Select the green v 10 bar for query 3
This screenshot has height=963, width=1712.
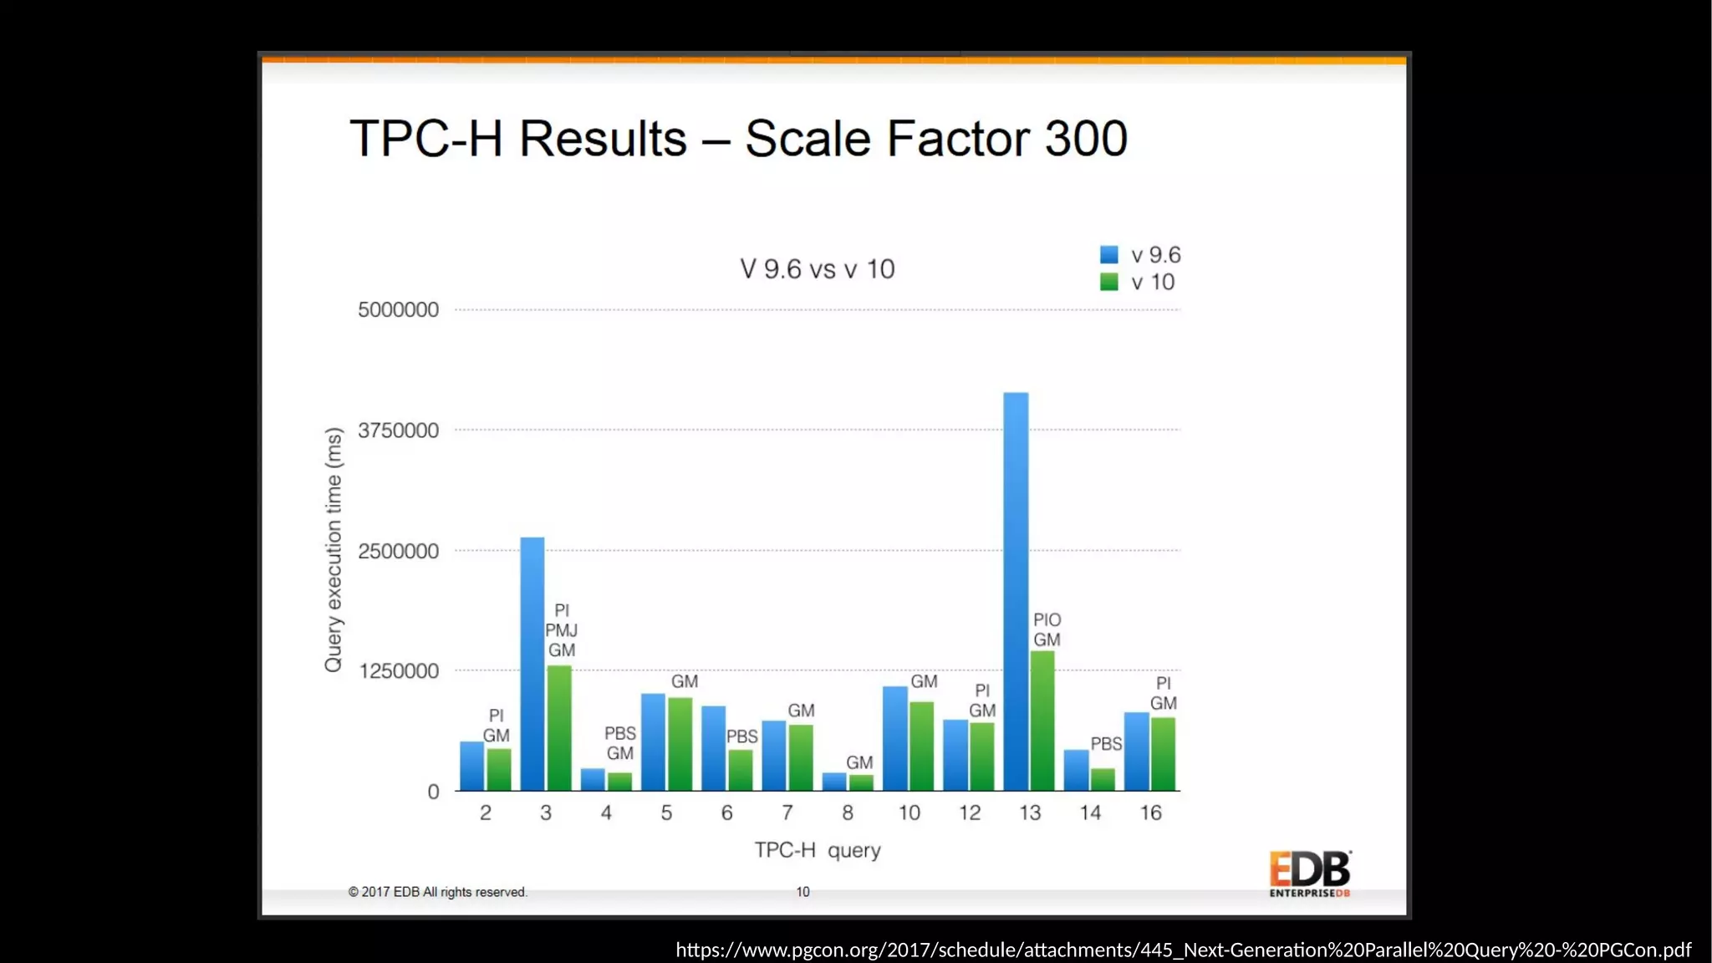click(559, 728)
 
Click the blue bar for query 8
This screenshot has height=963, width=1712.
click(834, 782)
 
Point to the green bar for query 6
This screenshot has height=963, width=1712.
click(741, 770)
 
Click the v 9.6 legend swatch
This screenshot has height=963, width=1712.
click(1109, 255)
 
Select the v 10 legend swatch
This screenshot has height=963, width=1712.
click(1109, 283)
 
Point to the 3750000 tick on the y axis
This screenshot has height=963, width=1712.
click(398, 431)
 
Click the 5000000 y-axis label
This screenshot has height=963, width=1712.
click(398, 310)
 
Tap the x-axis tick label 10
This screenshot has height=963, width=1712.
click(909, 813)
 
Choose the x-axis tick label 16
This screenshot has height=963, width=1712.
click(1150, 813)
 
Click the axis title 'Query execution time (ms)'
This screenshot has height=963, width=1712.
click(334, 549)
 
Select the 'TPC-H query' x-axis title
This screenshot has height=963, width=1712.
click(818, 850)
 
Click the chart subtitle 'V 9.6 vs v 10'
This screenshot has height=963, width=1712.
click(817, 269)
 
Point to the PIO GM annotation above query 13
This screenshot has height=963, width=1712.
click(1047, 629)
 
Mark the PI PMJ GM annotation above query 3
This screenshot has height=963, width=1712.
click(562, 630)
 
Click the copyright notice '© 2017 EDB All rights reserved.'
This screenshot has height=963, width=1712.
click(437, 892)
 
